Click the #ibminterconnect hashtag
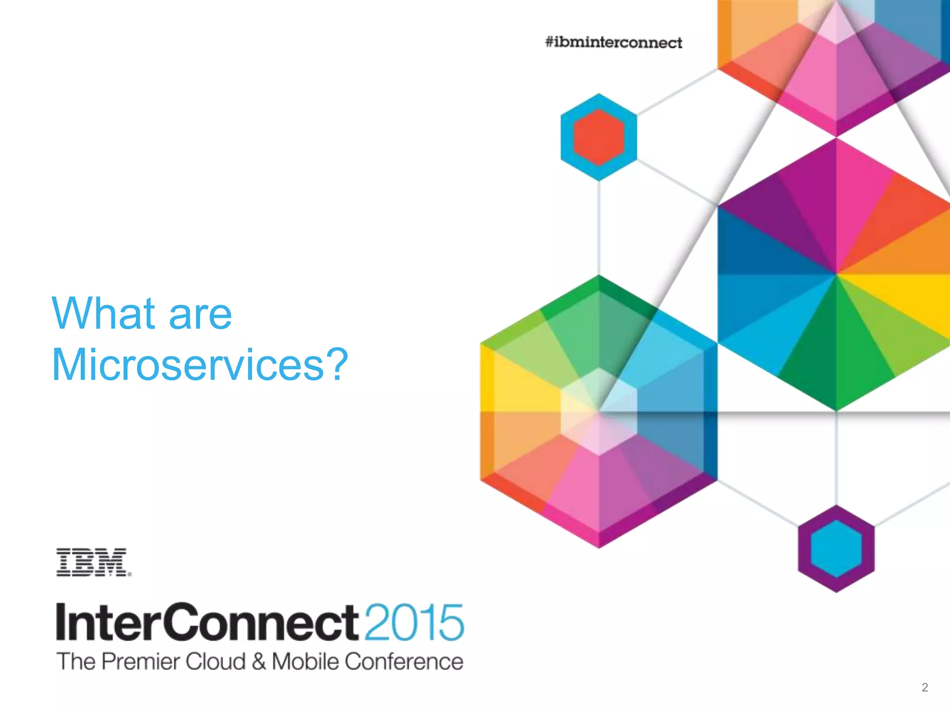point(613,43)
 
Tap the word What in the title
point(103,314)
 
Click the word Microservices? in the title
point(199,365)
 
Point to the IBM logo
point(93,562)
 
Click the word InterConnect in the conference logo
point(207,622)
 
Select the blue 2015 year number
point(414,622)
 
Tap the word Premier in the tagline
point(141,661)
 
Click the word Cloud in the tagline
point(216,661)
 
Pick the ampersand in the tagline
point(259,662)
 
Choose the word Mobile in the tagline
point(306,661)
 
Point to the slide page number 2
point(924,687)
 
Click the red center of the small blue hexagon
point(598,137)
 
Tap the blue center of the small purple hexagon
point(836,549)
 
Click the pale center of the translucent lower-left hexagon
point(598,411)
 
